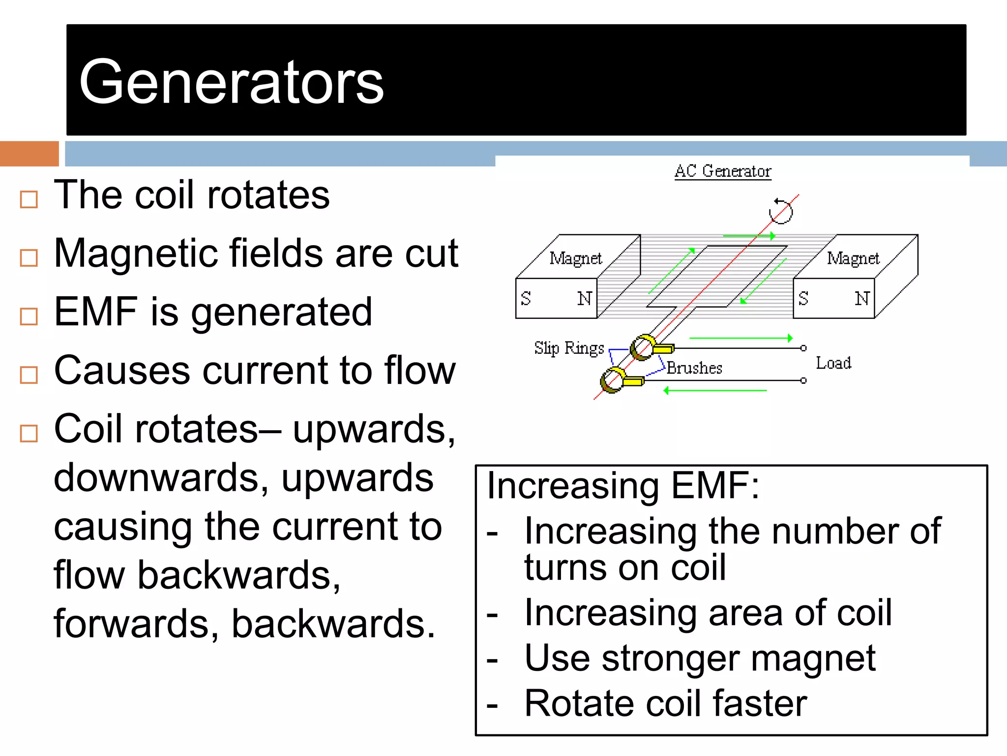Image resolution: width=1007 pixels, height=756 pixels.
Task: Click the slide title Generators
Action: click(x=231, y=82)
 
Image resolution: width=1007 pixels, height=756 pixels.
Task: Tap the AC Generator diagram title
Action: click(x=722, y=171)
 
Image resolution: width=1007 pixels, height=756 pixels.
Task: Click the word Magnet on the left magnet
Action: click(x=575, y=258)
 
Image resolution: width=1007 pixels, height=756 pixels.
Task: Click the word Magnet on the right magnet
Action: click(x=853, y=258)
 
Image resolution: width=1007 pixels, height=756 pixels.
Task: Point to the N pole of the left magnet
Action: click(x=584, y=298)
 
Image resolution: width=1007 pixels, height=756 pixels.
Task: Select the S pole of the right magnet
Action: click(x=803, y=298)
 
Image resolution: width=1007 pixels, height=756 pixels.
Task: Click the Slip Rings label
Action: click(x=569, y=348)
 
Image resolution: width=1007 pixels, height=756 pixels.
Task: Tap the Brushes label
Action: click(x=694, y=368)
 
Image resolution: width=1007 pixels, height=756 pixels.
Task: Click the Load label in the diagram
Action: click(x=833, y=363)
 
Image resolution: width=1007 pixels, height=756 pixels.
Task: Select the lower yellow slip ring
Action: click(x=613, y=380)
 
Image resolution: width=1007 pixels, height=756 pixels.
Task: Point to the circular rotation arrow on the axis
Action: click(x=781, y=211)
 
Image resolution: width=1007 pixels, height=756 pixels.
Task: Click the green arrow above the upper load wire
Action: click(x=741, y=338)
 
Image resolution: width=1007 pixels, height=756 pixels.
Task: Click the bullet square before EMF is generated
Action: click(x=29, y=316)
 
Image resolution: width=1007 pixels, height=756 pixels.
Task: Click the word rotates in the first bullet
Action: click(x=268, y=195)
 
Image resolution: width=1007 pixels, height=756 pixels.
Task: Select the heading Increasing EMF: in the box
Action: click(x=622, y=486)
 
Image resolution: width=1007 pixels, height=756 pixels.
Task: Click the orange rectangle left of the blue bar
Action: click(x=29, y=154)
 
